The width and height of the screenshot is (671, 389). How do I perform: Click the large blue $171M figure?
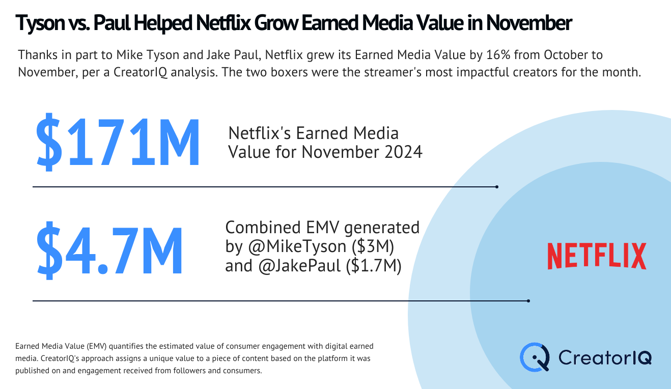[x=118, y=142]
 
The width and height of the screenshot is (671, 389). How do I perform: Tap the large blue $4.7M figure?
[x=109, y=251]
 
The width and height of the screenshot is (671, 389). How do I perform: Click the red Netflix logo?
[x=597, y=256]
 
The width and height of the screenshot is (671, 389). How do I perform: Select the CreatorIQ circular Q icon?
[x=535, y=357]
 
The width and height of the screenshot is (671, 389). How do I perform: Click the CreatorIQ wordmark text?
[x=605, y=358]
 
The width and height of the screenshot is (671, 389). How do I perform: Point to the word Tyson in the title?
[x=40, y=23]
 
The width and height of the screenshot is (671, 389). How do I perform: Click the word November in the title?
[x=529, y=23]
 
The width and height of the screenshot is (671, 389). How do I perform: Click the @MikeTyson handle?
[x=297, y=246]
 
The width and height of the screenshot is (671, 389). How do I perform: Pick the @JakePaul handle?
[x=299, y=266]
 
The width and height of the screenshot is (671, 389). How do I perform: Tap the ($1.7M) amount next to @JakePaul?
[x=374, y=266]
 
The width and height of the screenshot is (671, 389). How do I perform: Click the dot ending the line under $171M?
[x=497, y=187]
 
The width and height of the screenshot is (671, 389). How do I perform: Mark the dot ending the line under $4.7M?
[x=528, y=300]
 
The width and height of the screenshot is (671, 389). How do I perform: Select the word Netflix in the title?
[x=223, y=23]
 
